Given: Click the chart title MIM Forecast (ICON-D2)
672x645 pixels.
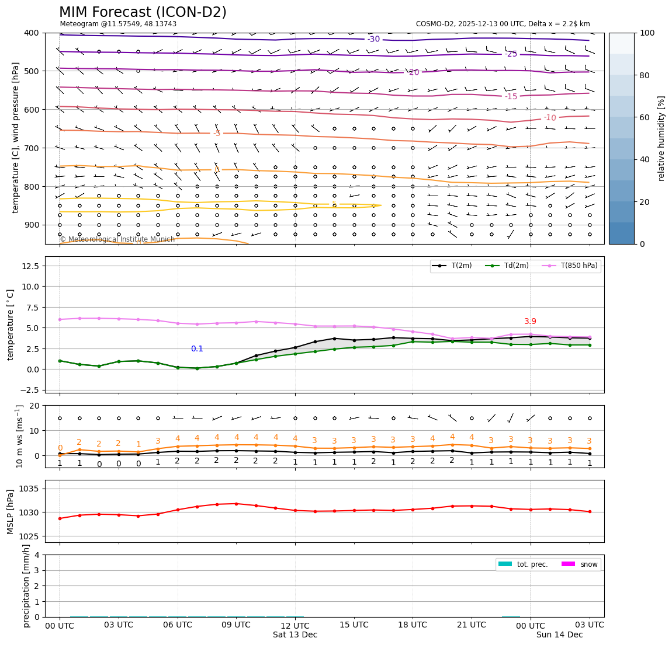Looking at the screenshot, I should [143, 12].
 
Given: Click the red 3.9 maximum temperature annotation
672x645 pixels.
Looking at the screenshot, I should [530, 322].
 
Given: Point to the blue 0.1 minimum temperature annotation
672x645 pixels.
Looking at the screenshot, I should [197, 349].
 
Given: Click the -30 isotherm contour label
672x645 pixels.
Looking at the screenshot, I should [373, 39].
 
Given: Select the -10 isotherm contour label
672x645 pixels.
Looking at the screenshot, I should [550, 118].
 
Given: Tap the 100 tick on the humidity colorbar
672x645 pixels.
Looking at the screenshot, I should [647, 33].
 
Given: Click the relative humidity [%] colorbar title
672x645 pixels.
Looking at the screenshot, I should [661, 138].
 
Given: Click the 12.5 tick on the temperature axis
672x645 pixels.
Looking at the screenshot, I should [29, 266].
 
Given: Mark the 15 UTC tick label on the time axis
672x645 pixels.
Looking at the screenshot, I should [354, 625].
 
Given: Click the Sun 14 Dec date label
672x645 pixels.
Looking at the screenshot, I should [559, 634].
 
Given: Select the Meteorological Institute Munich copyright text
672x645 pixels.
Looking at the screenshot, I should [117, 239].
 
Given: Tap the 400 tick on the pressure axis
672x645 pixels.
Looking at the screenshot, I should [31, 33].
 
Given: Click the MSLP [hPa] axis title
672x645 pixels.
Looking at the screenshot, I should [11, 512].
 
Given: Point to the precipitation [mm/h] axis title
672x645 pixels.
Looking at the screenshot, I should [26, 585].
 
